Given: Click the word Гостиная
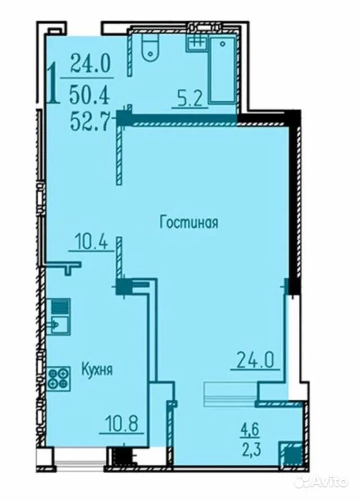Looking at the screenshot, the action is tap(189, 222).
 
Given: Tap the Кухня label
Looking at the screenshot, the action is tap(97, 369).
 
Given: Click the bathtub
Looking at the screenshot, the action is tap(222, 69).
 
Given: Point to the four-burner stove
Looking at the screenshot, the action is tap(58, 379).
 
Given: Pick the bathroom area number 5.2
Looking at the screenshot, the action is tap(190, 100).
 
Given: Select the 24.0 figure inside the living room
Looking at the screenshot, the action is tap(255, 360).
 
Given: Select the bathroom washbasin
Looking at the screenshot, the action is tap(195, 43).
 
